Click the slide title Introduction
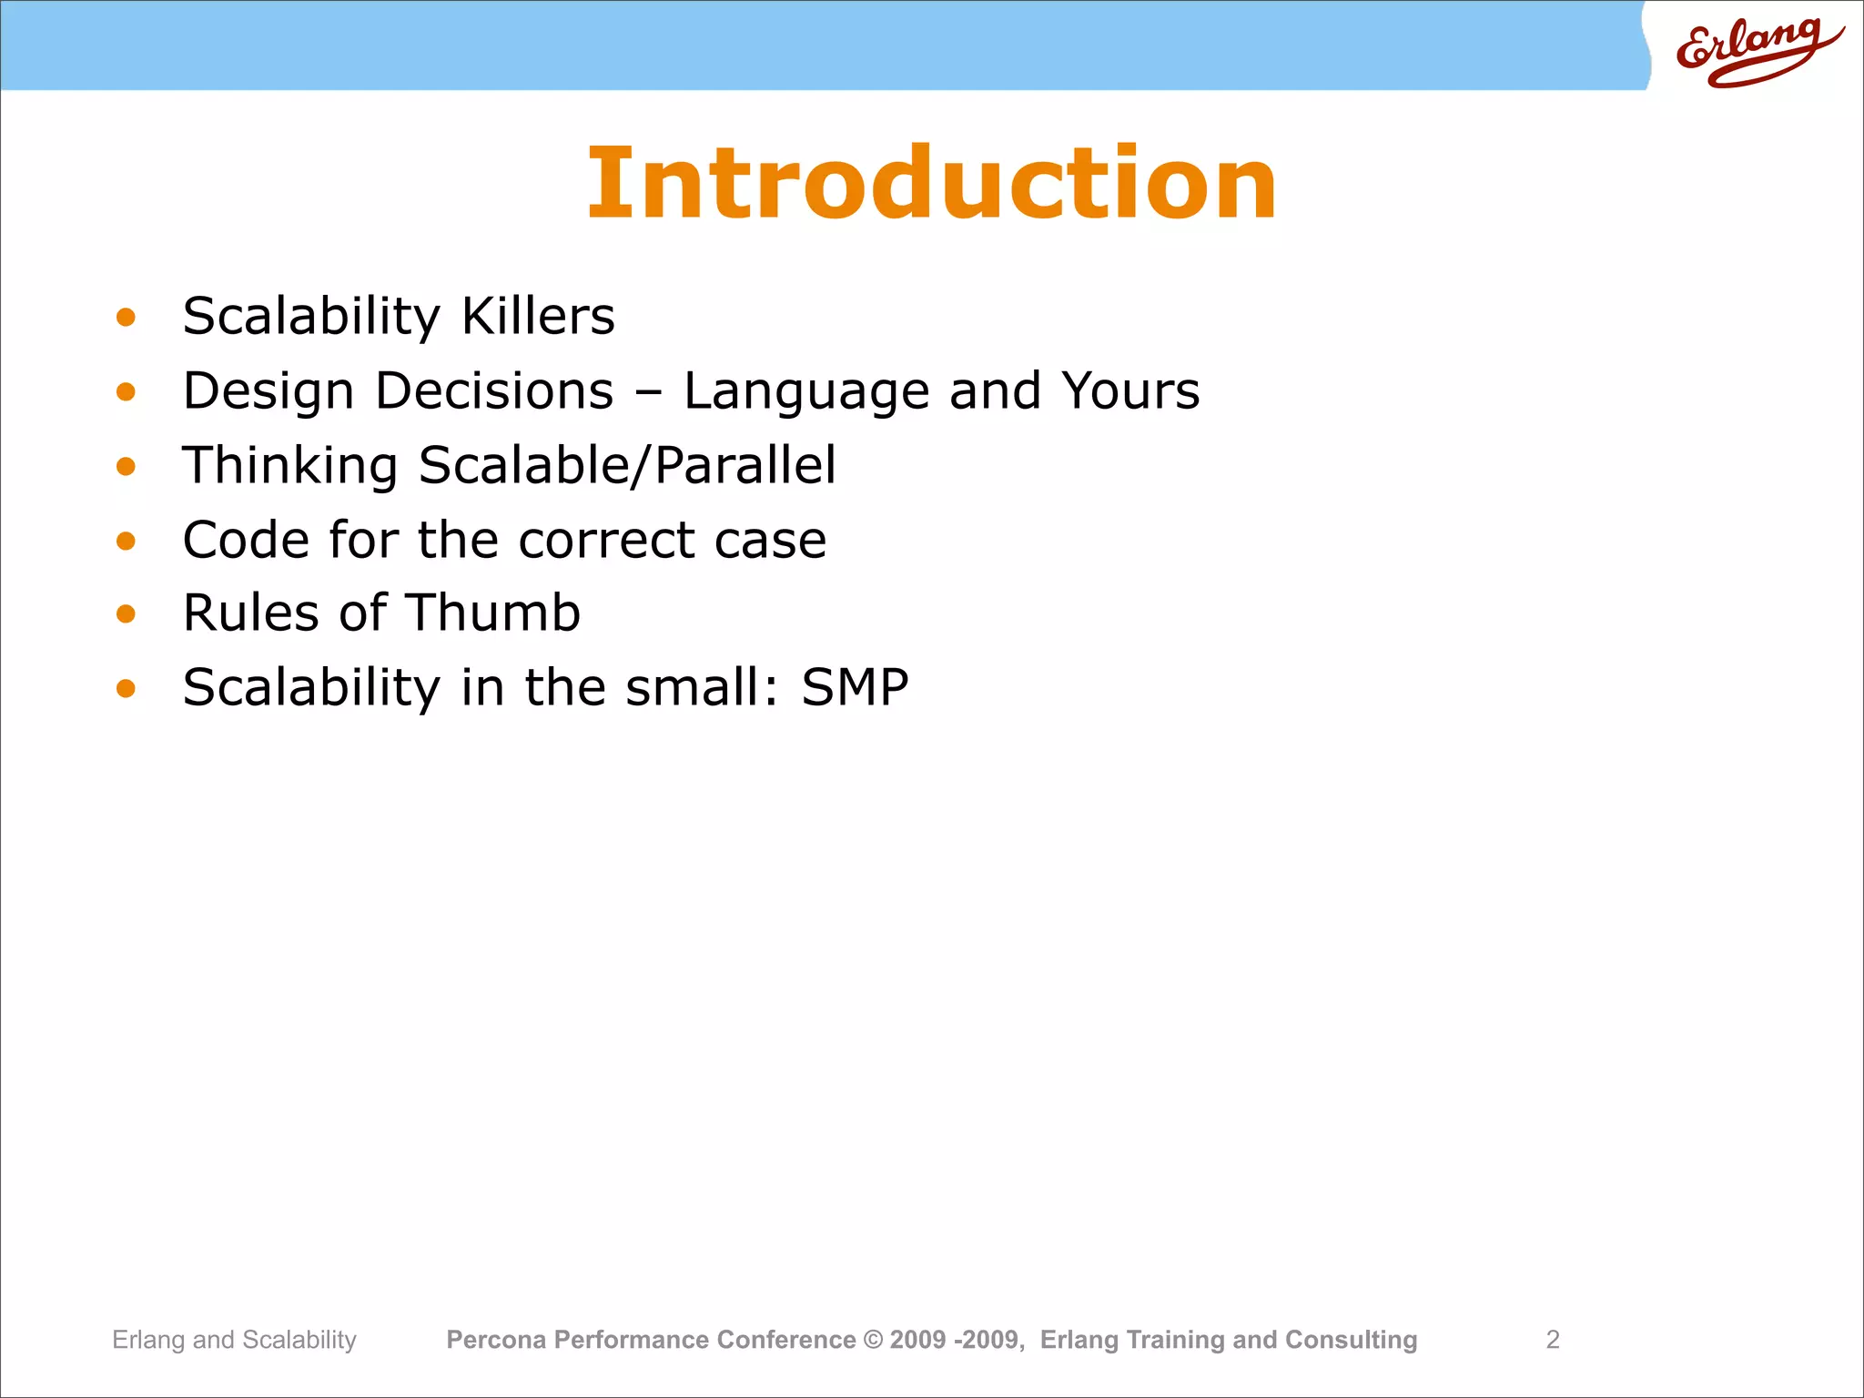coord(932,184)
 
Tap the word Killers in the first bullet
coord(538,317)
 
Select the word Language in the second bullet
coord(805,392)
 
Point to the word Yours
coord(1130,391)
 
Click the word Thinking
coord(290,467)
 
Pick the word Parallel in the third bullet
coord(745,465)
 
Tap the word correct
coord(606,542)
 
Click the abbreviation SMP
coord(855,688)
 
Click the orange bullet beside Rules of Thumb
coord(126,614)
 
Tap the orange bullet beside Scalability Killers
coord(126,318)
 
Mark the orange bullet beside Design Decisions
coord(126,392)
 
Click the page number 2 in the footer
coord(1553,1340)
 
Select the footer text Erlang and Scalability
coord(234,1340)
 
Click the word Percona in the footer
coord(496,1340)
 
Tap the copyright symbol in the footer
coord(873,1340)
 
